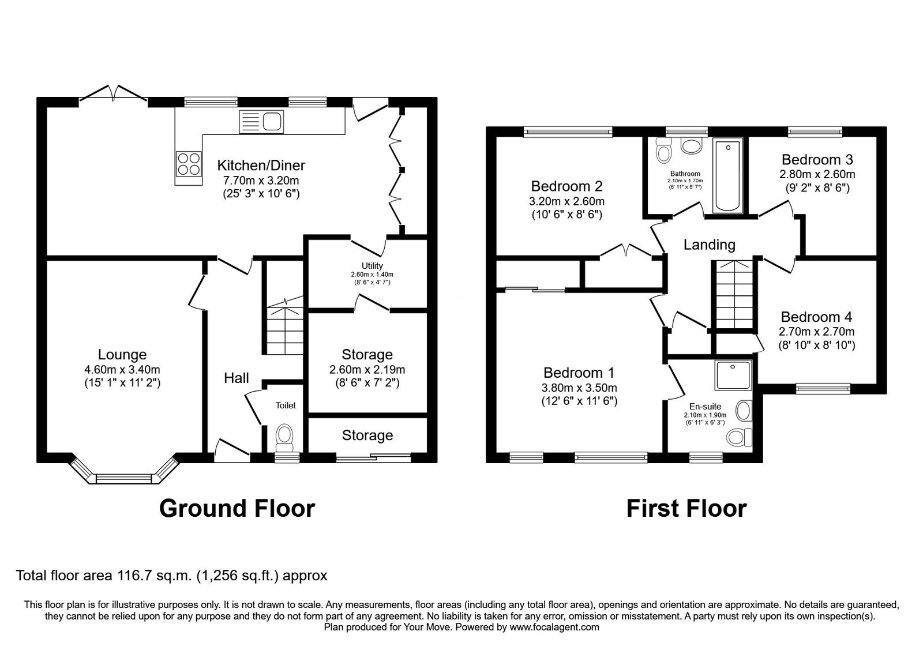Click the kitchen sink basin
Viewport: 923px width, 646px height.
pyautogui.click(x=272, y=122)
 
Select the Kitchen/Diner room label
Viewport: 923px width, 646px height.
pyautogui.click(x=261, y=165)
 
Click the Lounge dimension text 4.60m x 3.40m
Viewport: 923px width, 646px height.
pyautogui.click(x=122, y=370)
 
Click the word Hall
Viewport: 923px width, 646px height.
pyautogui.click(x=236, y=378)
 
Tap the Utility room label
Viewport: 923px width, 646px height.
pyautogui.click(x=372, y=266)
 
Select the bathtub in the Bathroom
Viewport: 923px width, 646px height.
pyautogui.click(x=727, y=176)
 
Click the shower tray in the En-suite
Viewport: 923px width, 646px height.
pyautogui.click(x=733, y=375)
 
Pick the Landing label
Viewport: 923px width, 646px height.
pyautogui.click(x=709, y=245)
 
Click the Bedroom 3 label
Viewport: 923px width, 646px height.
pyautogui.click(x=817, y=159)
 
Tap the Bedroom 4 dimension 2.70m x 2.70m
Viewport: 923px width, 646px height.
pyautogui.click(x=816, y=331)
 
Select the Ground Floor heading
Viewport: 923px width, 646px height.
pyautogui.click(x=237, y=508)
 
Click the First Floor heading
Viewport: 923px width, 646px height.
pyautogui.click(x=686, y=508)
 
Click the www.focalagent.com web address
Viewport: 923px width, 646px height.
pyautogui.click(x=554, y=628)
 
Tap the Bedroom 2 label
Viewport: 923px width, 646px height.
pyautogui.click(x=566, y=186)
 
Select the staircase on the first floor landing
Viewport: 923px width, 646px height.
pyautogui.click(x=734, y=295)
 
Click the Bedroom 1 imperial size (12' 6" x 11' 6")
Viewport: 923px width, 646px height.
pyautogui.click(x=579, y=401)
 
